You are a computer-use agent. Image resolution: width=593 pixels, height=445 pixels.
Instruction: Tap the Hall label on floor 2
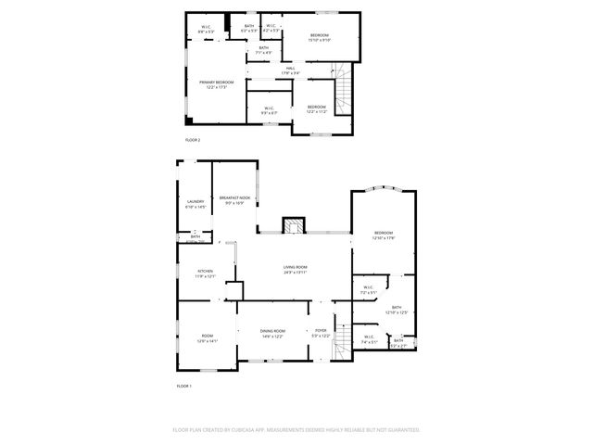tap(290, 70)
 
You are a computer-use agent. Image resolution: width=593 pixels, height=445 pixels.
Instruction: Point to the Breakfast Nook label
tap(234, 198)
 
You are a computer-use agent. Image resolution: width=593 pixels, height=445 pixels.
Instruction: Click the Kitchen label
tap(205, 273)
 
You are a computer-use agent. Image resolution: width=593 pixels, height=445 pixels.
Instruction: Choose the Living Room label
tap(295, 269)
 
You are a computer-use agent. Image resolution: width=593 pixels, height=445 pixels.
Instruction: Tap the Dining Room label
tap(271, 332)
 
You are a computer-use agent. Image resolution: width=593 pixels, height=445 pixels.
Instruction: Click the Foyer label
tap(321, 332)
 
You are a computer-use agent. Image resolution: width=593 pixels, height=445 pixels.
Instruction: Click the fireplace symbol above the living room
tap(294, 226)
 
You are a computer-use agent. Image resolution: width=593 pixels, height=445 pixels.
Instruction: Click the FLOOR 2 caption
tap(193, 140)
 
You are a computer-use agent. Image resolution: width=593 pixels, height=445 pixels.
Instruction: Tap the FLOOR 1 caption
tap(183, 386)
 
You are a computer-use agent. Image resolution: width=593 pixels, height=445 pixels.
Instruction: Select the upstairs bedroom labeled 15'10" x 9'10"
tap(319, 38)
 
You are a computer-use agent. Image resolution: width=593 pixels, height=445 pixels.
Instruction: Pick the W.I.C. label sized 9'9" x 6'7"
tap(269, 109)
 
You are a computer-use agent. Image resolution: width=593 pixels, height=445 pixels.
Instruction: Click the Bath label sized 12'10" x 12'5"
tap(397, 310)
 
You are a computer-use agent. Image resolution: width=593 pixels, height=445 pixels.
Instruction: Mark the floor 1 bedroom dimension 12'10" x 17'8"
tap(384, 239)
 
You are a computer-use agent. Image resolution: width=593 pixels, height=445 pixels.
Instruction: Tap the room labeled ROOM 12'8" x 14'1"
tap(207, 338)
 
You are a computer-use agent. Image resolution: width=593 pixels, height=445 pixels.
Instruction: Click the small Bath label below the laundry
tap(195, 237)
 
